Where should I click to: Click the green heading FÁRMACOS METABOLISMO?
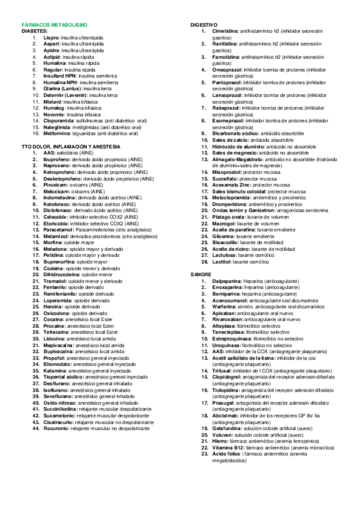55,25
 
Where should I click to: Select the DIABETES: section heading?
35,30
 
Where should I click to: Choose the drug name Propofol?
54,357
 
